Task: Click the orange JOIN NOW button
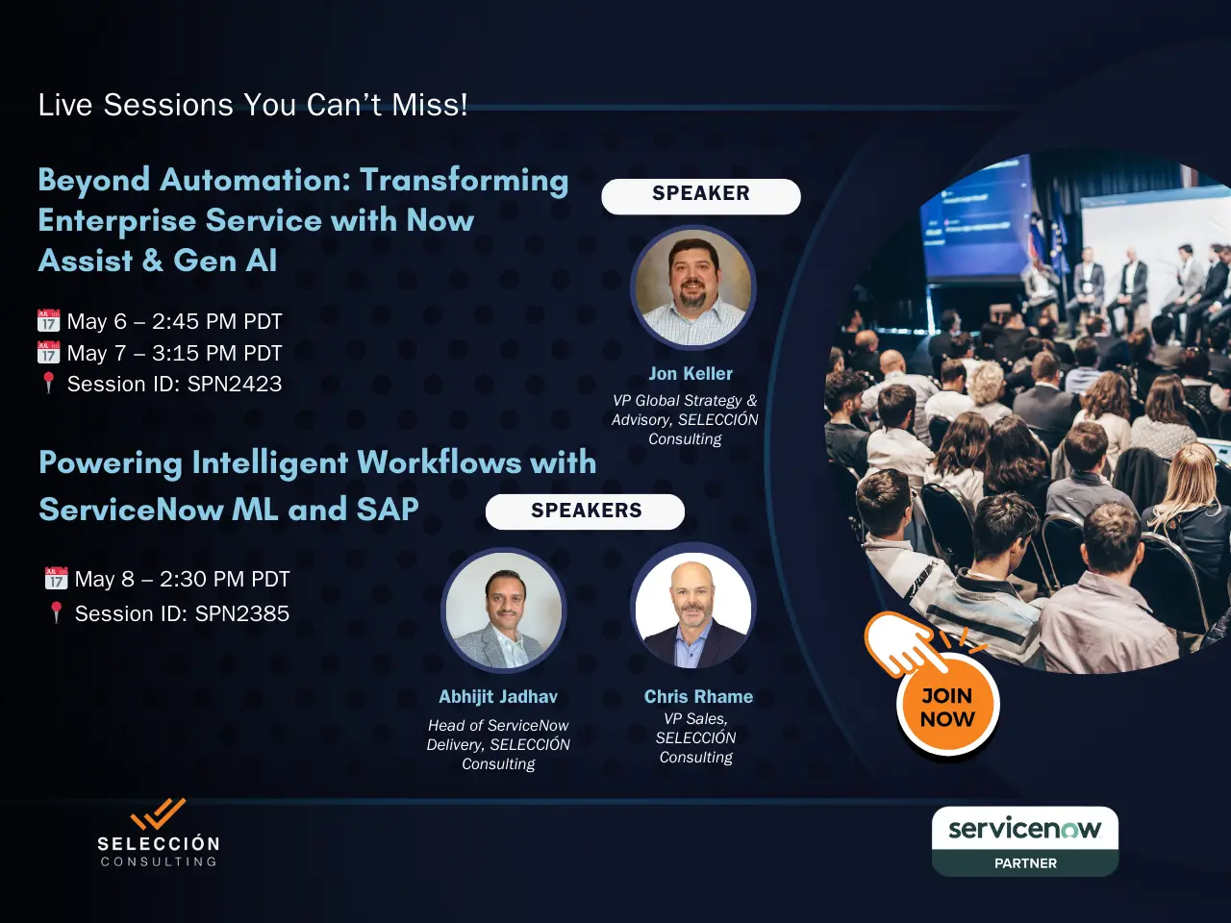[947, 707]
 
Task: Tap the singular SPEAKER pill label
[701, 196]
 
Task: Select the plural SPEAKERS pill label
[585, 511]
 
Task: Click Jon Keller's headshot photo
[693, 287]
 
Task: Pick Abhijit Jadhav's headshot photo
[504, 611]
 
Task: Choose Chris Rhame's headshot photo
[693, 608]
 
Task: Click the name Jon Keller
[691, 373]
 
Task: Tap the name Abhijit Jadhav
[498, 697]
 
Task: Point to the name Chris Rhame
[698, 696]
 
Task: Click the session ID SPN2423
[235, 384]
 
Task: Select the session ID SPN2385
[242, 613]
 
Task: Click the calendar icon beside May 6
[49, 320]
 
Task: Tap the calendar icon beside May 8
[56, 578]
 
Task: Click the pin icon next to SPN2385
[56, 612]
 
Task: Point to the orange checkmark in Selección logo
[158, 813]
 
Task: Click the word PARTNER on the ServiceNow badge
[1025, 863]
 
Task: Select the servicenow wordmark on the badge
[1024, 830]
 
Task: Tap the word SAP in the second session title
[388, 509]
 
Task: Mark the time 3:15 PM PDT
[217, 353]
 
